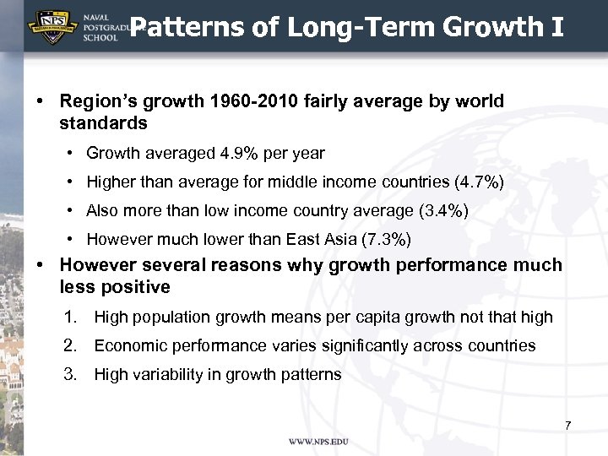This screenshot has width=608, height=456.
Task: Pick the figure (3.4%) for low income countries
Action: (439, 211)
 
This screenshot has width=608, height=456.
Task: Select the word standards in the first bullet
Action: (103, 123)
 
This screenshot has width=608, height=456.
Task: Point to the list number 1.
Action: (71, 318)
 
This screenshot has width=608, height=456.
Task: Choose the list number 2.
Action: (71, 345)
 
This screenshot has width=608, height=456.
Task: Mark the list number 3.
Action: (71, 374)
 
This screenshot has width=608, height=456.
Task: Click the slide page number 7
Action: (568, 426)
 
